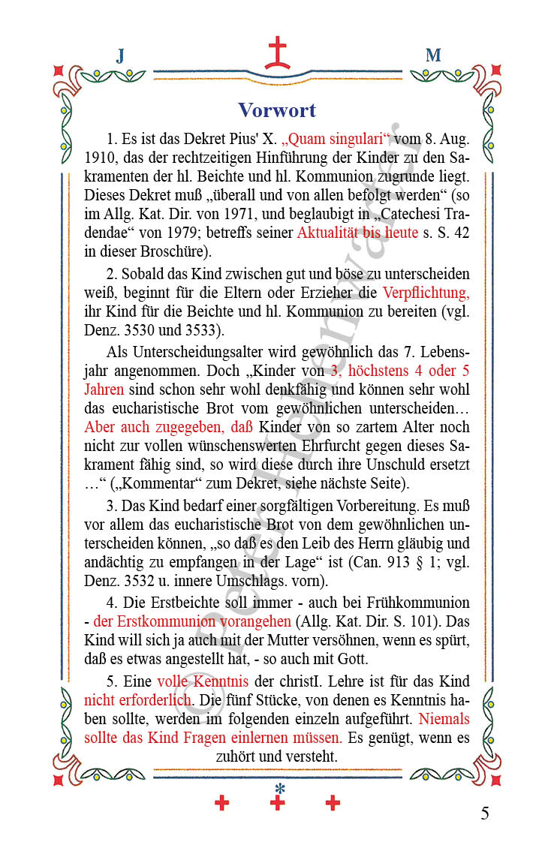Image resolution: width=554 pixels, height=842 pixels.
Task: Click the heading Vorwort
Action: point(277,110)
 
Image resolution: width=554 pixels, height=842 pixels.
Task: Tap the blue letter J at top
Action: point(119,56)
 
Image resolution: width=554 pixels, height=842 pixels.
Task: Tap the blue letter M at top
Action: point(433,56)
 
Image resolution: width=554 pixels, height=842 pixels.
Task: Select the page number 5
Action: point(485,813)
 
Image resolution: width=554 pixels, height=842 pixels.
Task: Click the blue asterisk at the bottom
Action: point(279,789)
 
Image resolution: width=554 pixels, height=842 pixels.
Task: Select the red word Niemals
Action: point(444,718)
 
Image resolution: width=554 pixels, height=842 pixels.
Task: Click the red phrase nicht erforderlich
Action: point(137,699)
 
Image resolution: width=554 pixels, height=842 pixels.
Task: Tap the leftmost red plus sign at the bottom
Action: point(221,803)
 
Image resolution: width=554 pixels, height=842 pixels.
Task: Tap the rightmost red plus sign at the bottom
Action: point(333,803)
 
